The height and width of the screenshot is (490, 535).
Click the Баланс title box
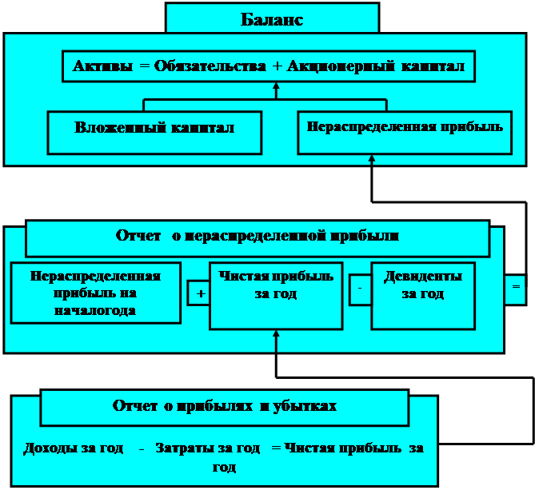point(272,19)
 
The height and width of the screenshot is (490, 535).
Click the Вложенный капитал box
point(154,128)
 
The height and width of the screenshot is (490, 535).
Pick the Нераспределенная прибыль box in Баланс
point(405,126)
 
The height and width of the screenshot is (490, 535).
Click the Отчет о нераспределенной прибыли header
point(258,237)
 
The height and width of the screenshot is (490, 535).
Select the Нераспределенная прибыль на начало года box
point(95,293)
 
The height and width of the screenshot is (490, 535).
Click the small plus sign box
point(199,293)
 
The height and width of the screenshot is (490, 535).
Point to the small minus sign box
point(360,291)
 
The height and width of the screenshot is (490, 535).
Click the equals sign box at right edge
point(516,286)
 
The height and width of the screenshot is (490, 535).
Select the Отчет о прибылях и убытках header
point(225,406)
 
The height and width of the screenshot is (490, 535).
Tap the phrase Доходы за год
point(73,448)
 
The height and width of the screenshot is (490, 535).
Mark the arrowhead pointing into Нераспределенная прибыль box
point(372,161)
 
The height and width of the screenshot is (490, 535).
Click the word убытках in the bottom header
point(305,406)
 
